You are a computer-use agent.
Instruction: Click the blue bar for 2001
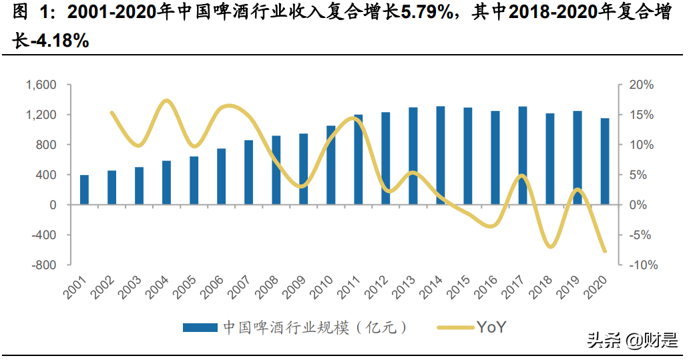(84, 190)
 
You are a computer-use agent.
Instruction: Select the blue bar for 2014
(441, 156)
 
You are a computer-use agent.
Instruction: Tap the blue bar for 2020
(605, 162)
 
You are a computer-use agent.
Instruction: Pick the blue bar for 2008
(276, 170)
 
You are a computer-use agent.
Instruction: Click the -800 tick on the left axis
(43, 265)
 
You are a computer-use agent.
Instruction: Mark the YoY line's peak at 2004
(166, 101)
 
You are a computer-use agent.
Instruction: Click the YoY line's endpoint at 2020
(605, 252)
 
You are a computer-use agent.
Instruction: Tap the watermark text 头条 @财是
(631, 341)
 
